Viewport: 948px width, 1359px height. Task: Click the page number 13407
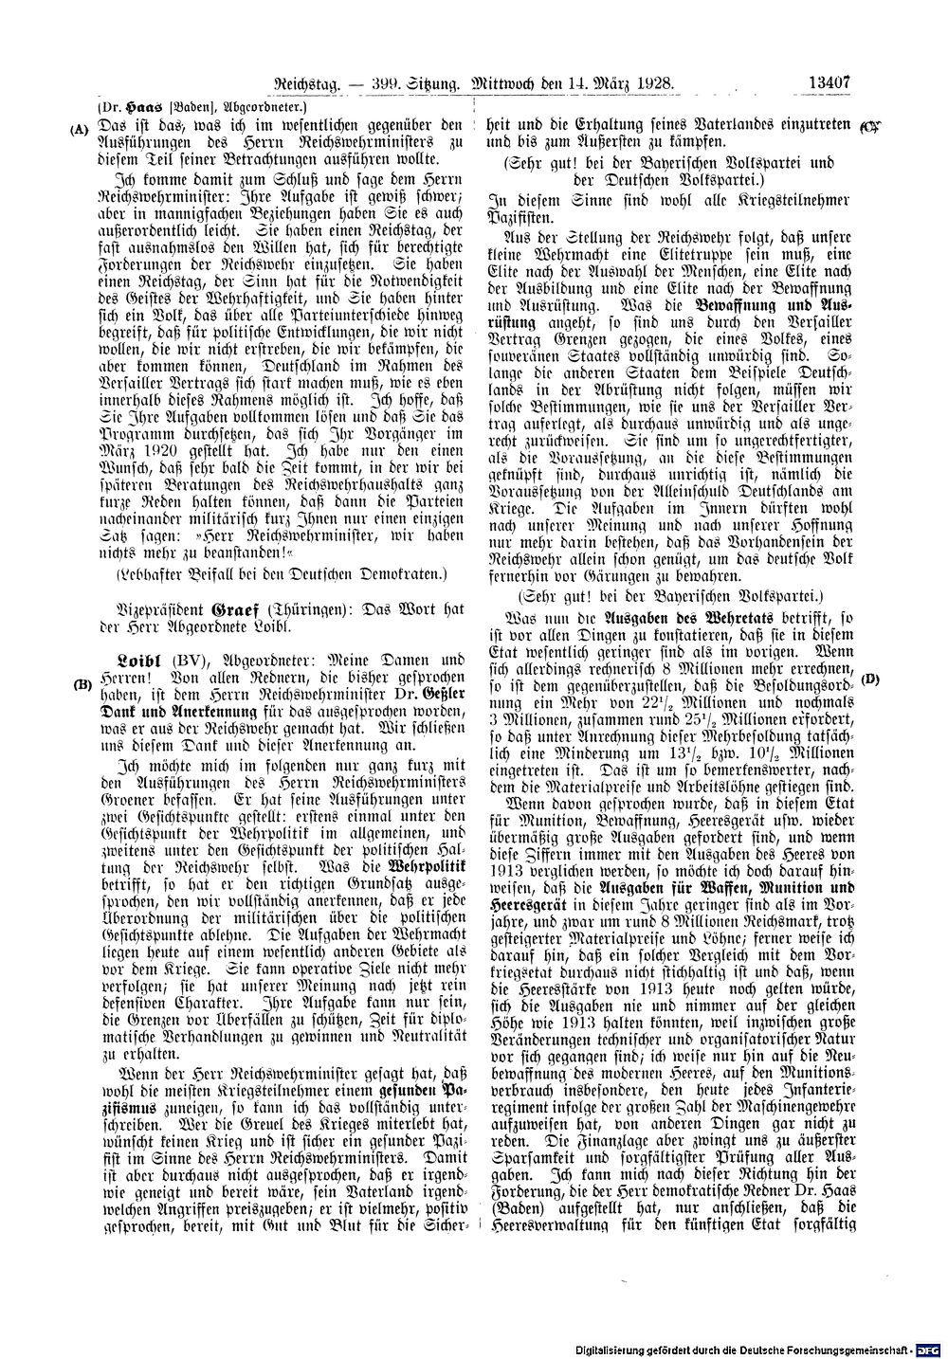pos(828,83)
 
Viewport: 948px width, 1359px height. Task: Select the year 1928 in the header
pos(653,84)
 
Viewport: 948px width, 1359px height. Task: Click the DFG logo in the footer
pos(933,1349)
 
